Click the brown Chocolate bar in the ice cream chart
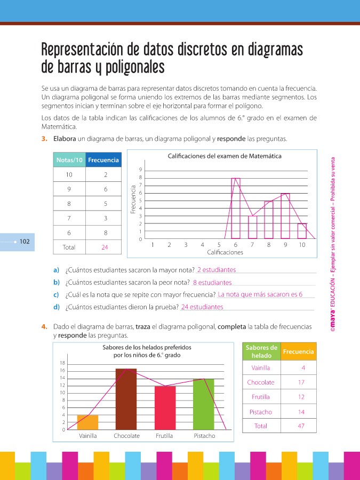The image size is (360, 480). pyautogui.click(x=126, y=399)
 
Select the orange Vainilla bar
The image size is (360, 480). pyautogui.click(x=87, y=422)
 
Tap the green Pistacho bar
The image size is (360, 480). pyautogui.click(x=204, y=404)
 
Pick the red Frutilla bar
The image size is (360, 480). pyautogui.click(x=165, y=407)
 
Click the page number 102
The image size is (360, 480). pyautogui.click(x=25, y=242)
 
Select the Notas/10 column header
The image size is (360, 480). pyautogui.click(x=69, y=160)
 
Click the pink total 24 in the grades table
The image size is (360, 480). pyautogui.click(x=105, y=247)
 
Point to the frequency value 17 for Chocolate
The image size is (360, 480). pyautogui.click(x=301, y=382)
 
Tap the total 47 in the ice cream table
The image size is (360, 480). pyautogui.click(x=301, y=426)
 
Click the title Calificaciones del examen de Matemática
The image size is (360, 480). pyautogui.click(x=225, y=156)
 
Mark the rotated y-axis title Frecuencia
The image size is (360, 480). pyautogui.click(x=133, y=199)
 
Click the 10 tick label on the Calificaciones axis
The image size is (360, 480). pyautogui.click(x=302, y=245)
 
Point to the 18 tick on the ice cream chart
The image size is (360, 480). pyautogui.click(x=62, y=363)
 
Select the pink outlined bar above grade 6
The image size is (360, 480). pyautogui.click(x=235, y=208)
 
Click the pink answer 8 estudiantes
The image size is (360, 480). pyautogui.click(x=212, y=283)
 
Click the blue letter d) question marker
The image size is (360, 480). pyautogui.click(x=56, y=307)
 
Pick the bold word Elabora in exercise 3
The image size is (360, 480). pyautogui.click(x=64, y=139)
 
